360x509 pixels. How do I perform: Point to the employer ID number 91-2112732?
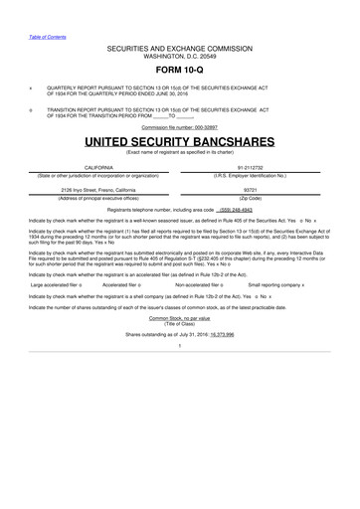[x=258, y=169]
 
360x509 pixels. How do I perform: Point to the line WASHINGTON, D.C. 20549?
[x=180, y=54]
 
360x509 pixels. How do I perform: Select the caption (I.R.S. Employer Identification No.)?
[x=258, y=176]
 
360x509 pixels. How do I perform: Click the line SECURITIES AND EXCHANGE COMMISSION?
[x=180, y=46]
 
